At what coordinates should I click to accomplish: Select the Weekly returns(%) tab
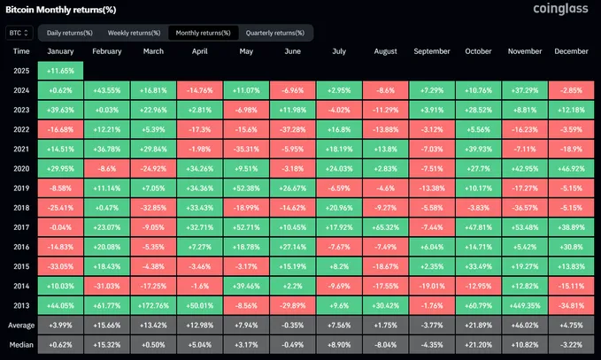[134, 33]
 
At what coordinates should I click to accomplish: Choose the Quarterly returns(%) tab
[277, 33]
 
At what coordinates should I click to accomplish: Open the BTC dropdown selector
[19, 33]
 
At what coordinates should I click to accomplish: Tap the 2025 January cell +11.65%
[61, 70]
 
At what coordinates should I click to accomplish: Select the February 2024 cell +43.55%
[107, 89]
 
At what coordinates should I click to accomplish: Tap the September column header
[432, 51]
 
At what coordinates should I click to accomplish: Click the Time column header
[21, 51]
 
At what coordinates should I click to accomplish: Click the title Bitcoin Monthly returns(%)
[56, 9]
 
